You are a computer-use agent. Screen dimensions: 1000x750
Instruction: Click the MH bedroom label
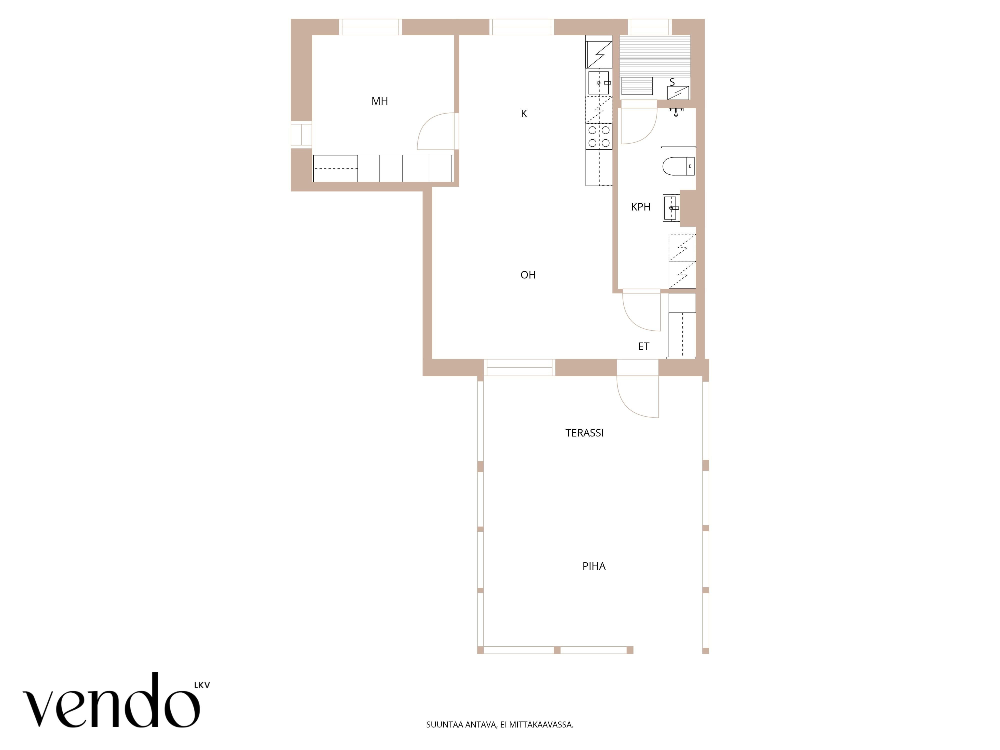[x=380, y=101]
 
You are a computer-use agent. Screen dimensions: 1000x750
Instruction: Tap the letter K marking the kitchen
[x=524, y=113]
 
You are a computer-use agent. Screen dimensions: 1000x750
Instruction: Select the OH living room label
[x=528, y=275]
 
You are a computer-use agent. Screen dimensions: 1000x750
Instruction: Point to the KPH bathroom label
[x=640, y=207]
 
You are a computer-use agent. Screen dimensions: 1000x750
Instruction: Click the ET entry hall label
[x=644, y=346]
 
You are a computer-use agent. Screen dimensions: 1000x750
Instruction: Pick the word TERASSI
[x=584, y=433]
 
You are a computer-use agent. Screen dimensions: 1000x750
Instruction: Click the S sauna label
[x=672, y=82]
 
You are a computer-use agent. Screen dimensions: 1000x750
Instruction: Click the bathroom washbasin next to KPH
[x=671, y=208]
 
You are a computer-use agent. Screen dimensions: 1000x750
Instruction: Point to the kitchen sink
[x=599, y=83]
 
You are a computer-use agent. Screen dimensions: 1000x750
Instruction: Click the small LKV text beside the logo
[x=202, y=685]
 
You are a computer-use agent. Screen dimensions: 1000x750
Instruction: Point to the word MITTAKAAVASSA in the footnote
[x=541, y=737]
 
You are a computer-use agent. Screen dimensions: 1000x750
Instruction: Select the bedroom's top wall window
[x=371, y=27]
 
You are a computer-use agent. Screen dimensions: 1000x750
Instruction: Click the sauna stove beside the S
[x=678, y=93]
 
